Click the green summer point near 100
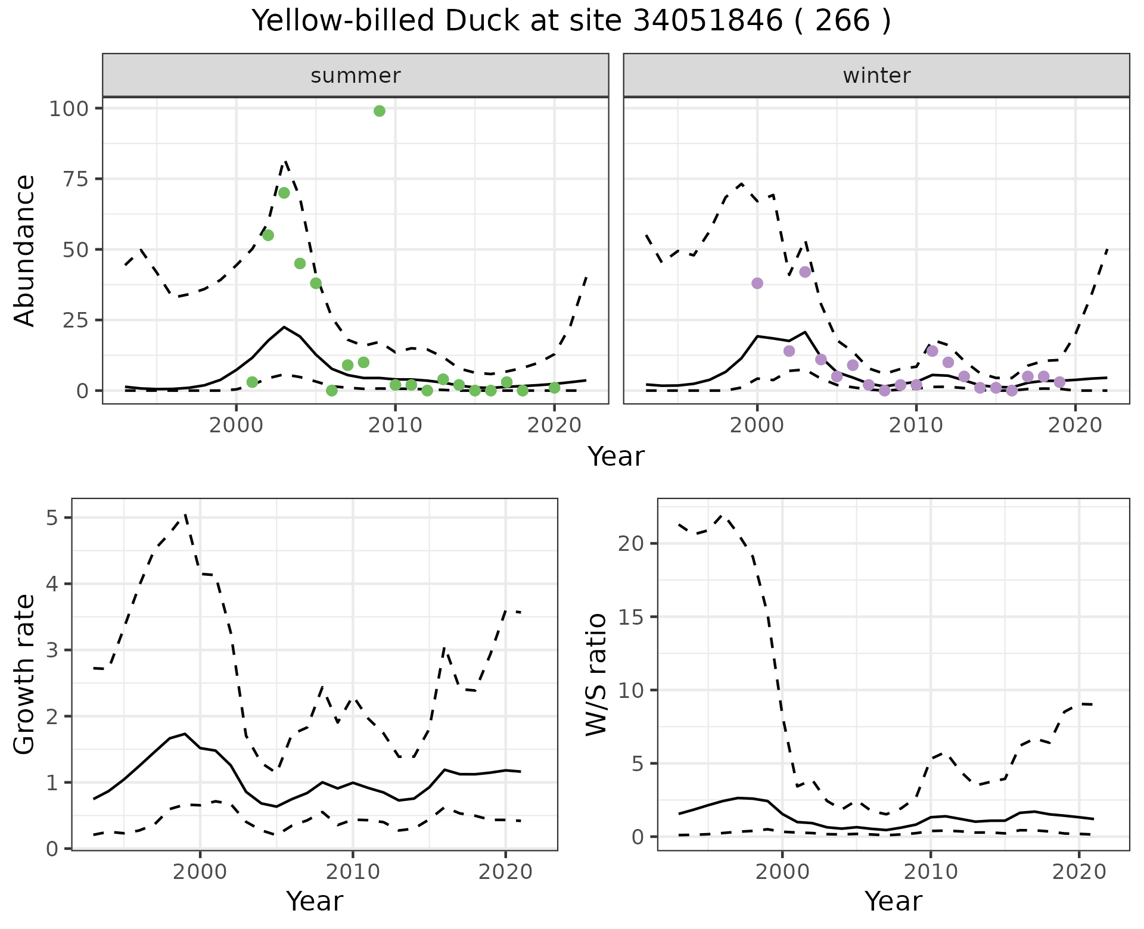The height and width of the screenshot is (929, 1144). click(380, 111)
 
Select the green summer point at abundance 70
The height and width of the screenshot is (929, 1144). click(284, 193)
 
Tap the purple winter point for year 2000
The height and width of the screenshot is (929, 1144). click(757, 283)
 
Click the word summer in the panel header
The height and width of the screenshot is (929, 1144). click(356, 76)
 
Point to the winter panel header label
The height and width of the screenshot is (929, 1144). click(876, 76)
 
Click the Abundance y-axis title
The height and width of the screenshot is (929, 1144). click(25, 250)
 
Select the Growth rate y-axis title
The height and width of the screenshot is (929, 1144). click(25, 674)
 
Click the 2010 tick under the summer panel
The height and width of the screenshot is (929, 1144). click(395, 426)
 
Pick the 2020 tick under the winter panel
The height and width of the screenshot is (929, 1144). click(1075, 426)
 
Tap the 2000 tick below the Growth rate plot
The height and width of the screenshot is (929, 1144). click(200, 872)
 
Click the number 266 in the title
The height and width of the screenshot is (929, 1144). click(843, 21)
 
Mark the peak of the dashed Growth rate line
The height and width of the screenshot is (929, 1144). click(185, 514)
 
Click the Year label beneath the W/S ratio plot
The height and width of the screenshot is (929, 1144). click(893, 902)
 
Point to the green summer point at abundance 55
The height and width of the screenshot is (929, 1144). click(268, 235)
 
